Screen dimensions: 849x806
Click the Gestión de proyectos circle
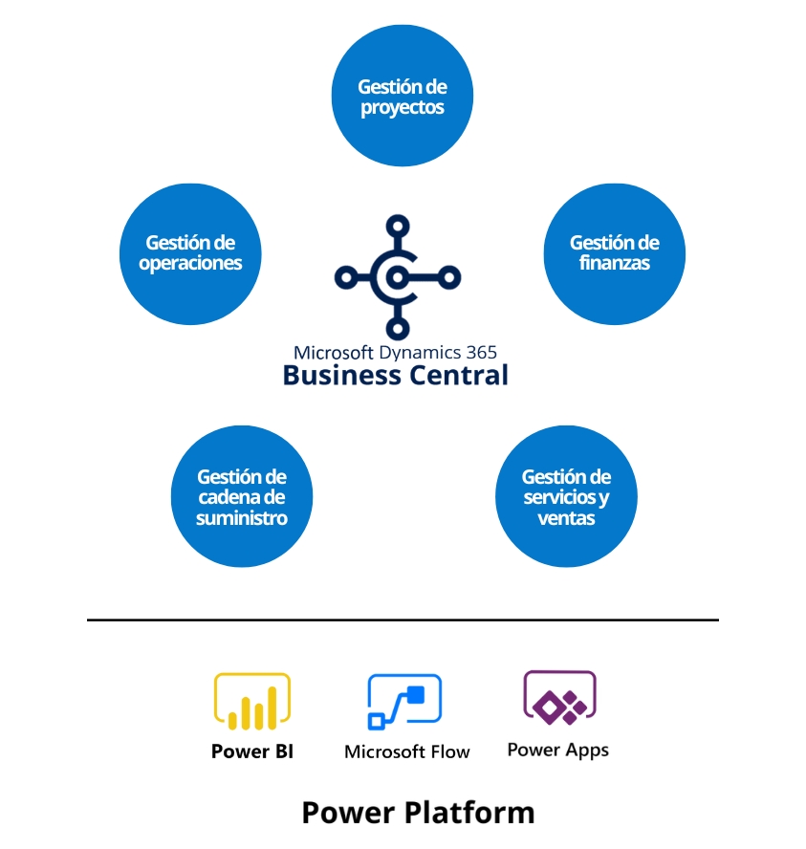coord(403,97)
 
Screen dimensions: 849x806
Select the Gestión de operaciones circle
coord(190,253)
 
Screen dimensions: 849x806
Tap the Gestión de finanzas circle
coord(615,253)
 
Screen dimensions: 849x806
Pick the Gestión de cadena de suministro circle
coord(242,497)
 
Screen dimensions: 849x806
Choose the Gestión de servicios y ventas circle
coord(566,497)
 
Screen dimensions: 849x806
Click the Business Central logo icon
coord(397,276)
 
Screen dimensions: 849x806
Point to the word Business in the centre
coord(341,376)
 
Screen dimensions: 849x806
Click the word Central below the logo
coord(458,376)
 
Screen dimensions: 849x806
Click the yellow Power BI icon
coord(251,702)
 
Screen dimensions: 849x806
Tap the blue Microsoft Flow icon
coord(405,703)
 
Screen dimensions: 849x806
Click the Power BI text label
coord(252,751)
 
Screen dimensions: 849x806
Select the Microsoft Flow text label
coord(407,751)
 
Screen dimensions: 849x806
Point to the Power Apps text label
coord(558,750)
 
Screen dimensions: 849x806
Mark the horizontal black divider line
coord(403,620)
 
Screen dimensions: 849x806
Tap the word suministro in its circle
coord(242,518)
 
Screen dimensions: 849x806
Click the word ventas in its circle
coord(566,518)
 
